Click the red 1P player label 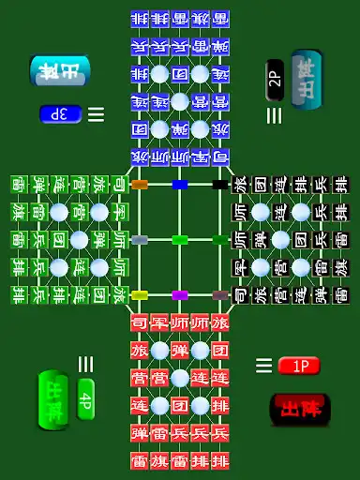pyautogui.click(x=299, y=366)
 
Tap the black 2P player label pyautogui.click(x=275, y=74)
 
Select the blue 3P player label pyautogui.click(x=61, y=114)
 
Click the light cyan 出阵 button pyautogui.click(x=60, y=70)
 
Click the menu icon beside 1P pyautogui.click(x=264, y=366)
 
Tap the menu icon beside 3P pyautogui.click(x=96, y=114)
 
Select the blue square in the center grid pyautogui.click(x=180, y=185)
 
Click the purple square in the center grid pyautogui.click(x=180, y=295)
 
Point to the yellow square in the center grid pyautogui.click(x=140, y=295)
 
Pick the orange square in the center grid pyautogui.click(x=140, y=185)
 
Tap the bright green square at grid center pyautogui.click(x=180, y=240)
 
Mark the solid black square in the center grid pyautogui.click(x=219, y=185)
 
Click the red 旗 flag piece pyautogui.click(x=159, y=460)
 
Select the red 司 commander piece pyautogui.click(x=140, y=323)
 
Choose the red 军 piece pyautogui.click(x=159, y=323)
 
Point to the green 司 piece pyautogui.click(x=120, y=185)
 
